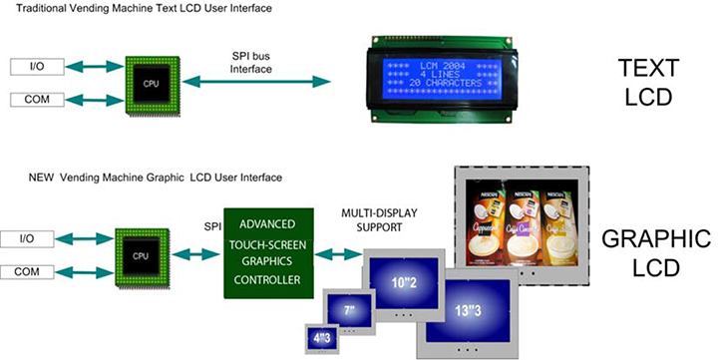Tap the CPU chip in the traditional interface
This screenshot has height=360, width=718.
pyautogui.click(x=152, y=84)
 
